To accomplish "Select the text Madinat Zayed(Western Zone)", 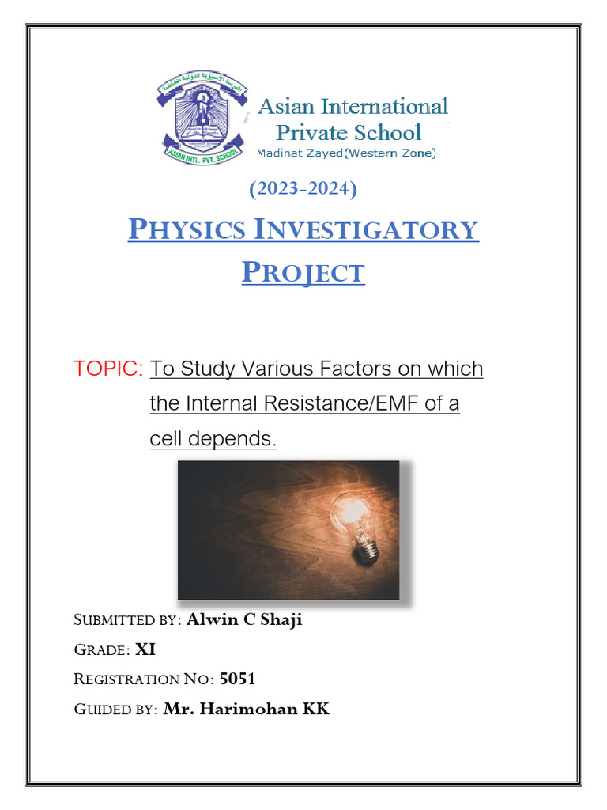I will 346,153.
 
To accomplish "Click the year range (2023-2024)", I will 303,190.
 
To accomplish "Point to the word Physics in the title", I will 185,230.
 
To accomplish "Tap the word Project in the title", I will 303,273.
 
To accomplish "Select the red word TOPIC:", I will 108,369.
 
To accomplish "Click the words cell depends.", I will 213,439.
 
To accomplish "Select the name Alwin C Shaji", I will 244,619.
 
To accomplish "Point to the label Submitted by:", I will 128,620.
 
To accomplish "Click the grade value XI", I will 145,649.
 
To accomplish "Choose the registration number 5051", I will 237,679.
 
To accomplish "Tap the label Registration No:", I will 144,679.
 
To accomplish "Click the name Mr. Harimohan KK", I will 246,709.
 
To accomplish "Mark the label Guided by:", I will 116,710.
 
